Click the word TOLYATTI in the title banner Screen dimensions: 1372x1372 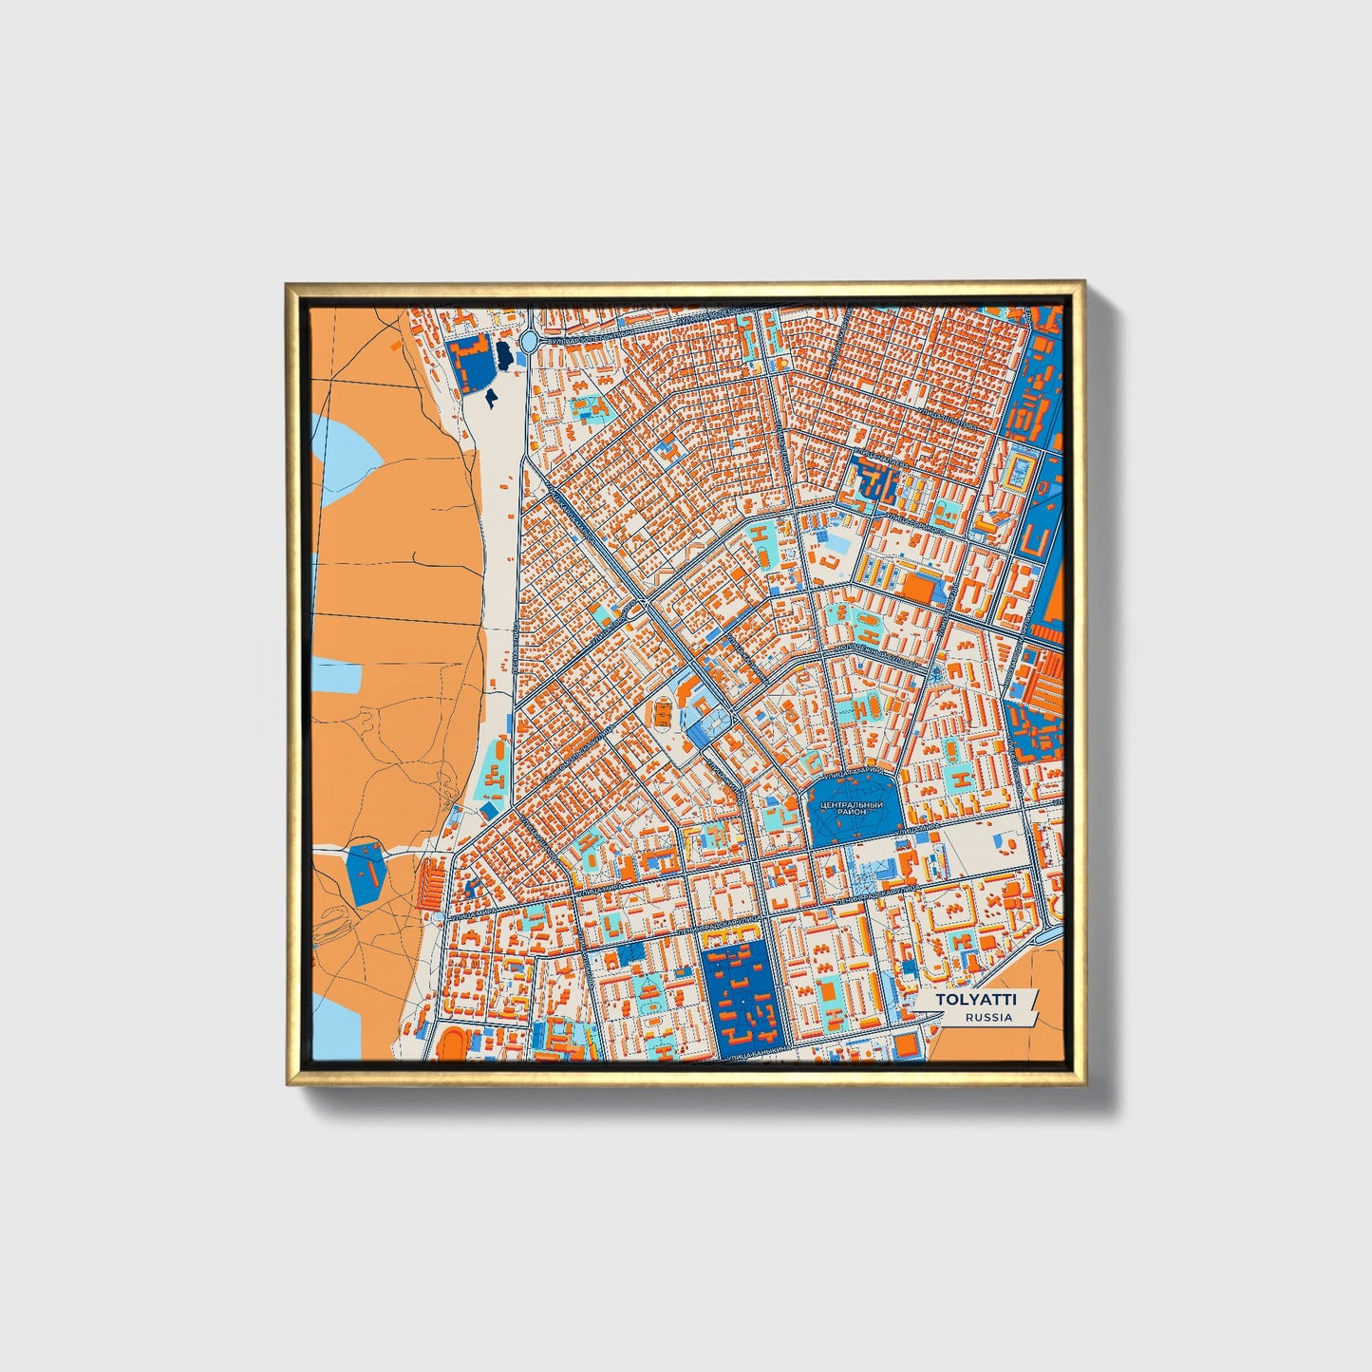click(975, 1000)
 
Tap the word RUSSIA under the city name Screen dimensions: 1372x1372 click(987, 1018)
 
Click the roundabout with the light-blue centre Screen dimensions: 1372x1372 click(529, 341)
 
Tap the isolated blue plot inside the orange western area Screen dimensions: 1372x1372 click(366, 873)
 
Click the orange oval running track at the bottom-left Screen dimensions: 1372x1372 click(449, 1040)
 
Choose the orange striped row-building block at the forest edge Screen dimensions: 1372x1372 click(430, 883)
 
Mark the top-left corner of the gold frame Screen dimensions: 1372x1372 click(288, 284)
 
